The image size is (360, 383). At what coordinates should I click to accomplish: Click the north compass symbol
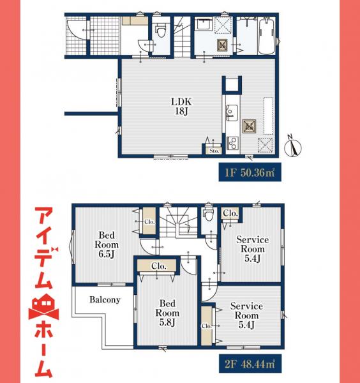293,145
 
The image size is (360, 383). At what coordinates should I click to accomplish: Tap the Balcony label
105,299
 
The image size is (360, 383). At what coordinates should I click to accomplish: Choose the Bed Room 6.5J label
105,243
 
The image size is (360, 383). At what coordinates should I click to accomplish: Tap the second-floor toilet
207,214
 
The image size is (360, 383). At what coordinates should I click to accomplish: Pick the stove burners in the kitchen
230,140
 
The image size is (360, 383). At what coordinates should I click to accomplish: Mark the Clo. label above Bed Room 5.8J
158,266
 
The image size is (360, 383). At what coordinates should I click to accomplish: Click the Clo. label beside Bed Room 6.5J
149,222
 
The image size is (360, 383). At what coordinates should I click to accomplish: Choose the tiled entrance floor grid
101,36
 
